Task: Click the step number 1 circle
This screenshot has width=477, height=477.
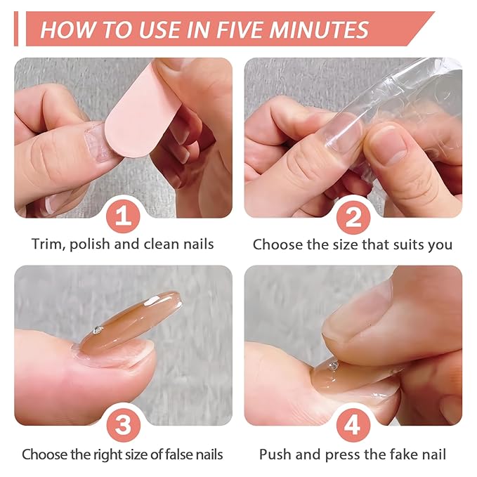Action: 123,216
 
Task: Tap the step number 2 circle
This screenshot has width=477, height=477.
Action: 353,216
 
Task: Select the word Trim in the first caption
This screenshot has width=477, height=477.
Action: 46,244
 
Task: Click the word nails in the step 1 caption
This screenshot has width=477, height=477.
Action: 197,244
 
